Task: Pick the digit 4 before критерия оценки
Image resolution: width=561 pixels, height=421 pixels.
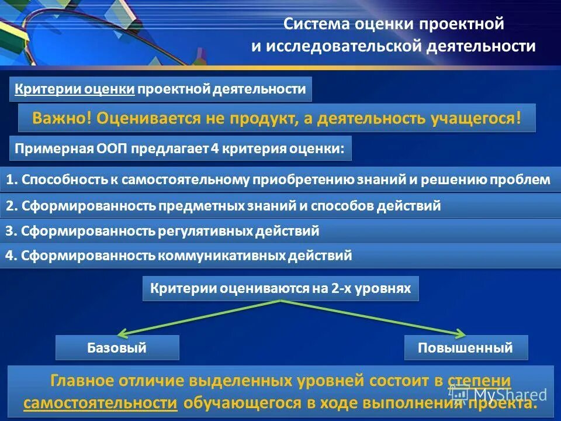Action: (x=215, y=149)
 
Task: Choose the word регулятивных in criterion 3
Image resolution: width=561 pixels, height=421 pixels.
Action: (x=205, y=231)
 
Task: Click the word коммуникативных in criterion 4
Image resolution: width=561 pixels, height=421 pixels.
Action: (x=217, y=256)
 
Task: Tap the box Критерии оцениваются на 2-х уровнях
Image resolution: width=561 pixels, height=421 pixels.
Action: (x=280, y=289)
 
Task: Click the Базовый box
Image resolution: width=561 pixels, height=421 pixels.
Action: (x=117, y=348)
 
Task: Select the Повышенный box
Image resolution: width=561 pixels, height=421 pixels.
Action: (x=466, y=348)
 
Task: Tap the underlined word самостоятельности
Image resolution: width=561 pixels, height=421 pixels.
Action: (x=101, y=403)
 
